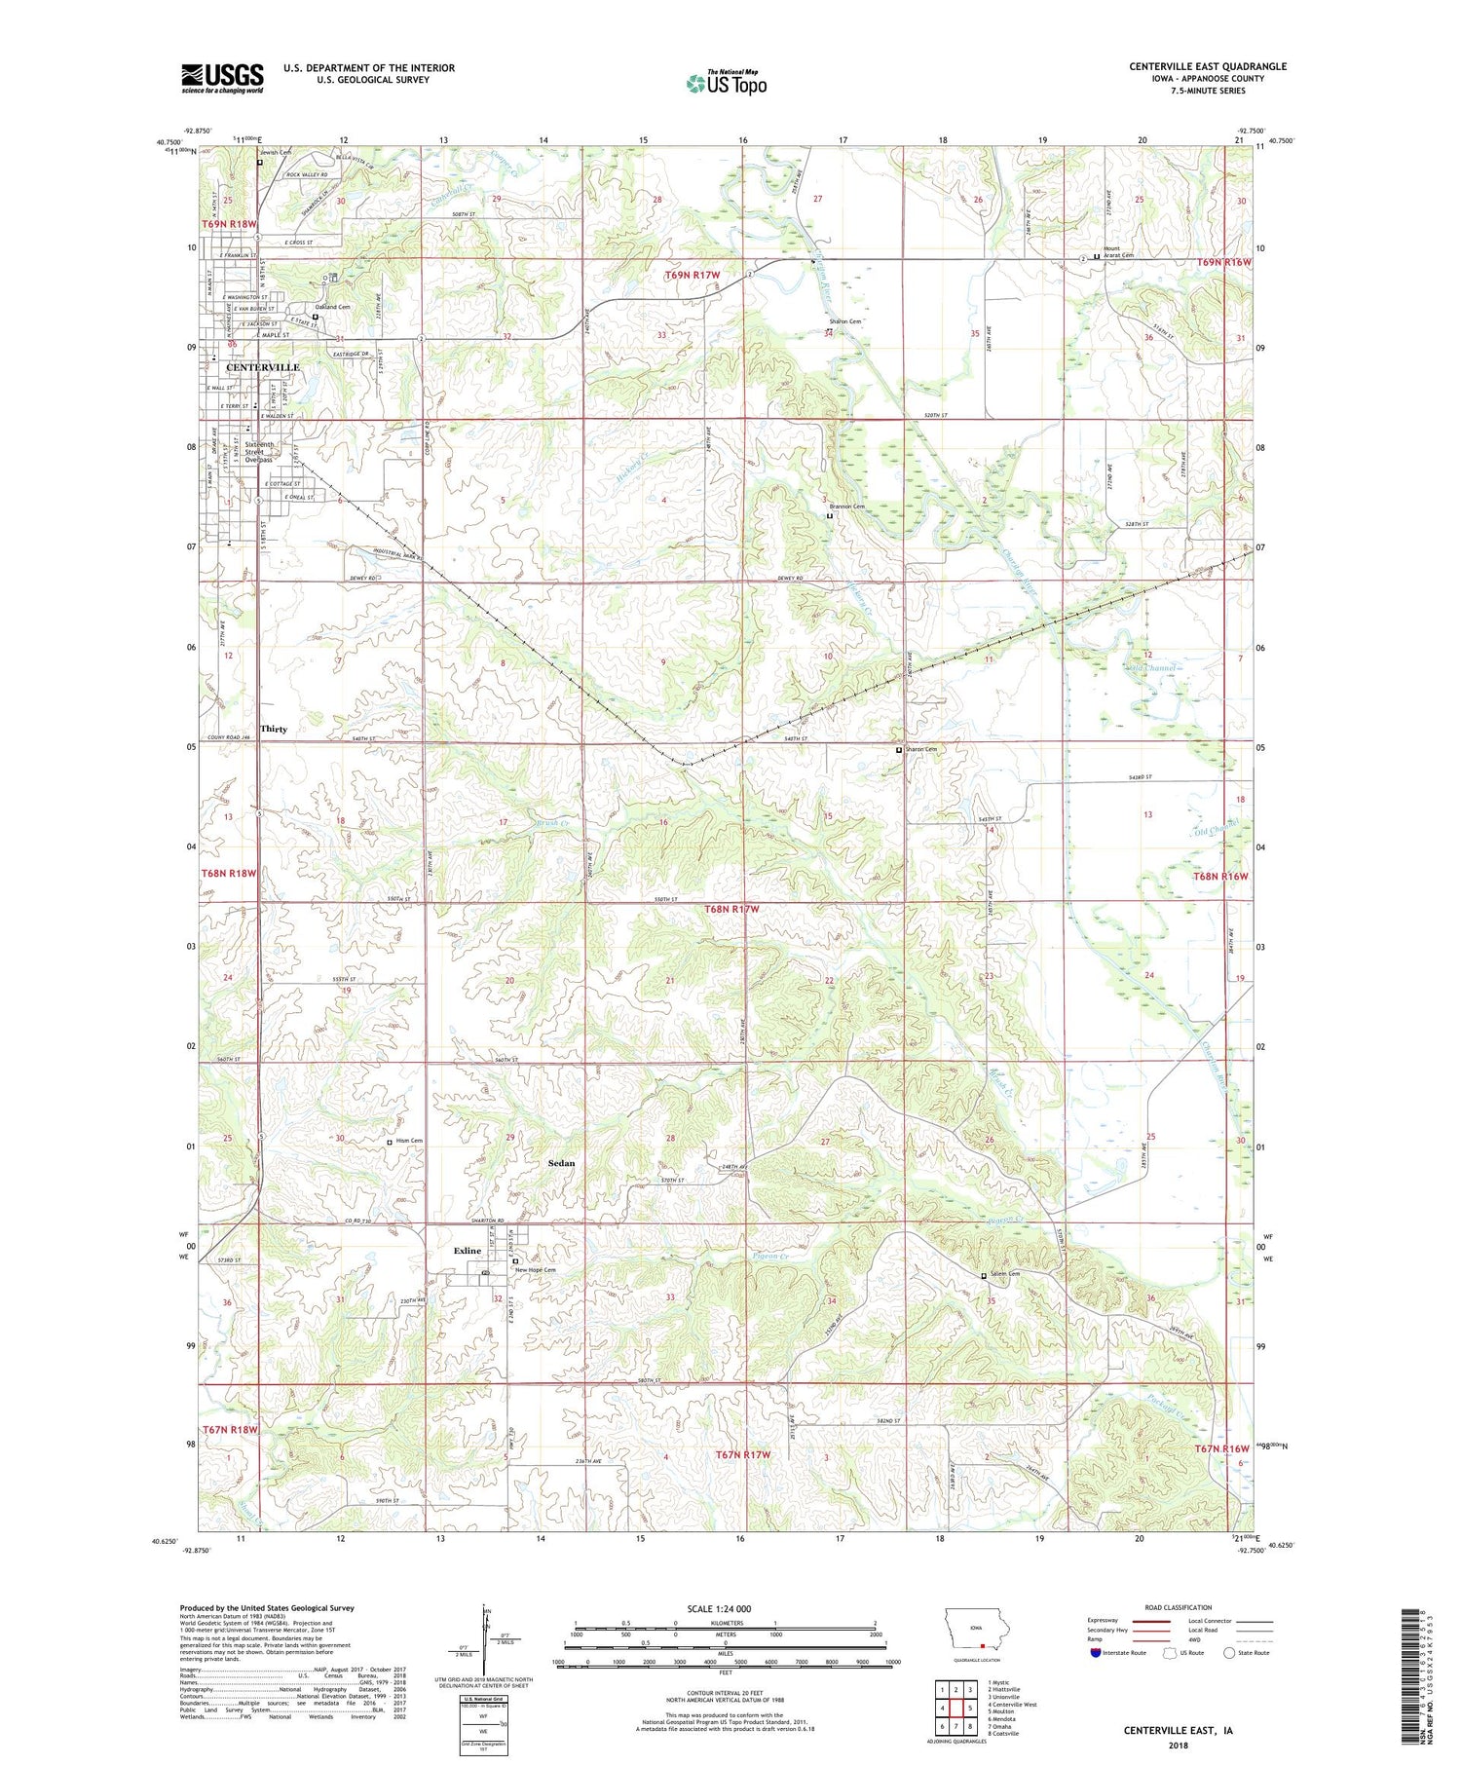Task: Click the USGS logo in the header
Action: coord(222,78)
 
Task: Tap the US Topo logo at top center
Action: coord(726,83)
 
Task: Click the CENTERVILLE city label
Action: coord(262,367)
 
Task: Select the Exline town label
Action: coord(468,1251)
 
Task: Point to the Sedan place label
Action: coord(561,1163)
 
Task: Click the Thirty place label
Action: coord(274,729)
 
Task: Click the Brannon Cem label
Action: coord(846,507)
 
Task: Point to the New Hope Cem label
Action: coord(535,1270)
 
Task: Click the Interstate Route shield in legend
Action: coord(1097,1653)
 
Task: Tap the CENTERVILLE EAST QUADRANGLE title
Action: coord(1208,66)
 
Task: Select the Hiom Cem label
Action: coord(410,1141)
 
